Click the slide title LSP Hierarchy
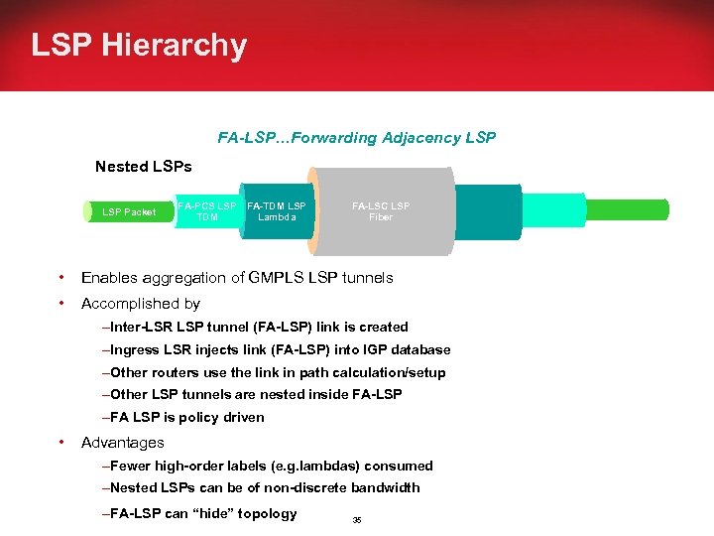pos(139,46)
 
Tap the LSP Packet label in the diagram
pos(129,211)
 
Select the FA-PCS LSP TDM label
pos(206,211)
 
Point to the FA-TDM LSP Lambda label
pos(277,211)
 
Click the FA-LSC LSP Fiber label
pos(381,211)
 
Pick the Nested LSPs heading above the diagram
pos(143,167)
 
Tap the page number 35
pos(357,519)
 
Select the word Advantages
pos(123,443)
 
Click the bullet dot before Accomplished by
pos(61,304)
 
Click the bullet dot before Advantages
pos(61,443)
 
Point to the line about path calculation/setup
pos(274,372)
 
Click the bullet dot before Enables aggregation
pos(61,278)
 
